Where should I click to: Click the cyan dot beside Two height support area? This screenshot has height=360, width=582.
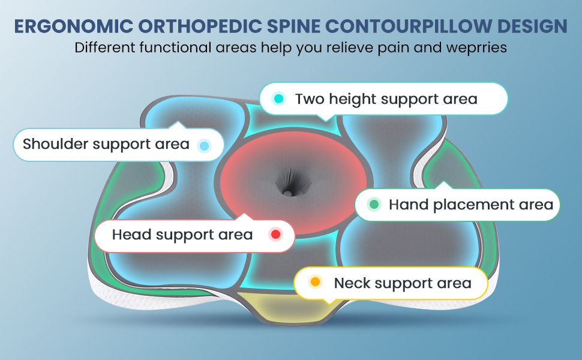pos(278,98)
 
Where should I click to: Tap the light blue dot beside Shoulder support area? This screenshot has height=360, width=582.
pos(204,145)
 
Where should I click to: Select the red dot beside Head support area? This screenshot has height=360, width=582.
pos(275,235)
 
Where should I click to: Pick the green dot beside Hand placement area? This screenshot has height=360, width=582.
pos(374,205)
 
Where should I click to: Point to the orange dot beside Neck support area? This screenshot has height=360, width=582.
pos(315,282)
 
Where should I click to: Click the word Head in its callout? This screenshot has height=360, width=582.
pos(131,235)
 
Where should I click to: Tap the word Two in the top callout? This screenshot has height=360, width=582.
pos(309,98)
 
